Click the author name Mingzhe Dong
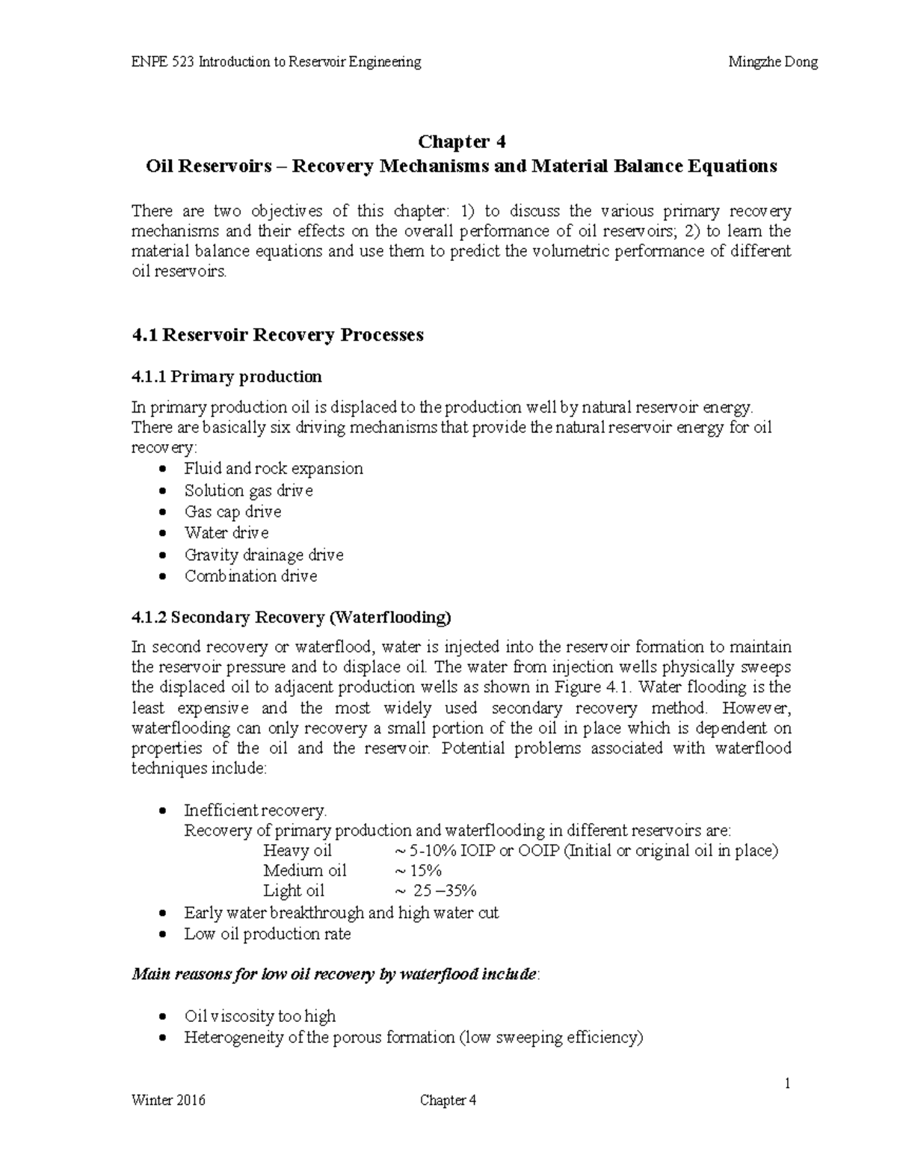773,62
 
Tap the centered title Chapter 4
461,142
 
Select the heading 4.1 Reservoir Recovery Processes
277,334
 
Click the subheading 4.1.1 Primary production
226,375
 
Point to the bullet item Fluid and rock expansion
274,469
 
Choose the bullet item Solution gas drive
248,490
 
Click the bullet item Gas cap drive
232,512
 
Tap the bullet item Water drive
226,533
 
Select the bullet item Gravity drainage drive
264,555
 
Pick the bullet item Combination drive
250,576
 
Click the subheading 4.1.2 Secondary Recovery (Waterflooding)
292,618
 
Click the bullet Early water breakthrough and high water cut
341,913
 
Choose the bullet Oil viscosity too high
259,1017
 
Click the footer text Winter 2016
168,1100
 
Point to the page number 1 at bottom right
787,1083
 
